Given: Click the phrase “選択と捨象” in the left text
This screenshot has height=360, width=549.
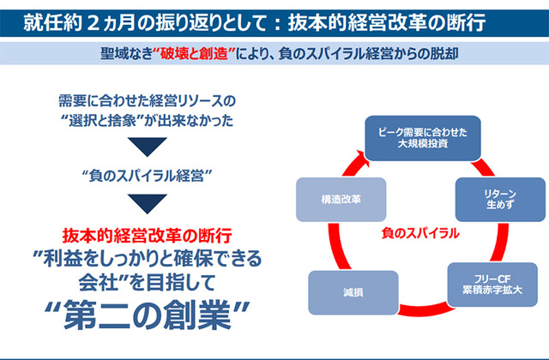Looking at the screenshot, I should (x=111, y=120).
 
